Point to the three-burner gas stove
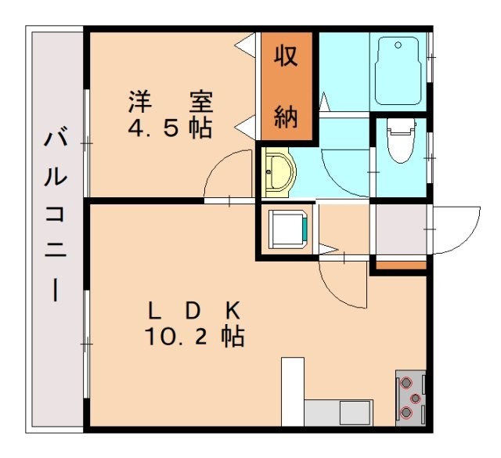[x=411, y=398]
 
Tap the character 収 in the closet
[x=287, y=56]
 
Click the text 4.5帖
[x=170, y=128]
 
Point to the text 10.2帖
[x=195, y=337]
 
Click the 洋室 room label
[x=171, y=102]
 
